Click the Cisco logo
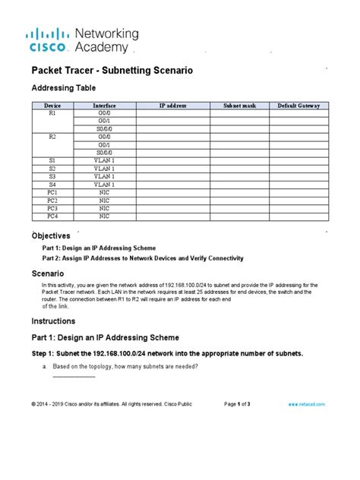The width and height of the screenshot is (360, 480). click(x=51, y=40)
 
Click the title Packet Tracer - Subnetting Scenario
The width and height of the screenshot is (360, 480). click(x=112, y=71)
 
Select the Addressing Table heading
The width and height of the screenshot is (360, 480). click(x=64, y=88)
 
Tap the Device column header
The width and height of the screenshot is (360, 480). click(x=52, y=106)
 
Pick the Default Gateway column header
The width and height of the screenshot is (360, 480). click(x=299, y=106)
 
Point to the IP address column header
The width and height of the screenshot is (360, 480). click(x=172, y=106)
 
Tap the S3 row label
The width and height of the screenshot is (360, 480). click(x=52, y=176)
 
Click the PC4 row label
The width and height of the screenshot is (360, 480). click(x=52, y=216)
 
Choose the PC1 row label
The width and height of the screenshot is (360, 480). click(x=52, y=192)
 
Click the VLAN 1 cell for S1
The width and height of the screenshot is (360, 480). click(x=104, y=160)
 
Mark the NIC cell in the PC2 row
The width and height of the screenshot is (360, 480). click(x=104, y=200)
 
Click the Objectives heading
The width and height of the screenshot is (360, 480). click(x=51, y=235)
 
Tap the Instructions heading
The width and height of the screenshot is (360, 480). click(x=54, y=321)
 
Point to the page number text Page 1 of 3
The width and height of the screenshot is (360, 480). click(x=243, y=403)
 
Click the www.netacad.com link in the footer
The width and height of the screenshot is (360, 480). click(x=307, y=403)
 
